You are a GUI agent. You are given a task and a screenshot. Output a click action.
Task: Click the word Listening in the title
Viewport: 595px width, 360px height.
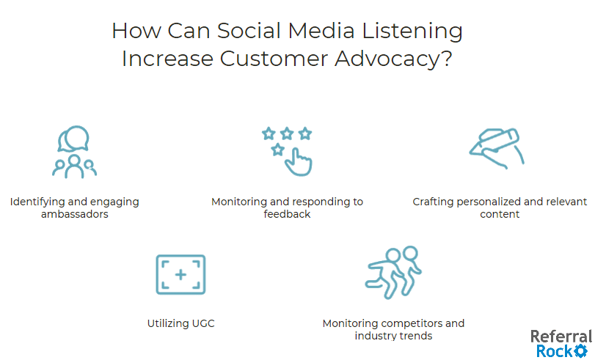point(412,32)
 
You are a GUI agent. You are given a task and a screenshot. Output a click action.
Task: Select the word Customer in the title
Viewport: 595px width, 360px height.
point(274,59)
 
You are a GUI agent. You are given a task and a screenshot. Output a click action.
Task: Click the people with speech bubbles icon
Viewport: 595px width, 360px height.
point(74,152)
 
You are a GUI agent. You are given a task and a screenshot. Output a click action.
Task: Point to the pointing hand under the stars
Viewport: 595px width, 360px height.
point(299,162)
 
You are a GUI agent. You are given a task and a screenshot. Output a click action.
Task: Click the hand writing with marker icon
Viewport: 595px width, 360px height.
point(497,148)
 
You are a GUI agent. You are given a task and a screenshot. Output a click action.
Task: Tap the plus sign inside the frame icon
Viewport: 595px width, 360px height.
point(180,274)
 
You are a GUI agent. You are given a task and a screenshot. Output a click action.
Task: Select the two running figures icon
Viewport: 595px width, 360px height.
point(393,272)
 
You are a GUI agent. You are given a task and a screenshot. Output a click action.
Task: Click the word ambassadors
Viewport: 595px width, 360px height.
point(74,214)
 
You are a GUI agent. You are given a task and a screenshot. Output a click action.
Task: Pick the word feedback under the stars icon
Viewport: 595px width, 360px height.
point(287,214)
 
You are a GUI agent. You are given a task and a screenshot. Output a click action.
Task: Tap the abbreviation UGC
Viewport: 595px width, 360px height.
point(203,323)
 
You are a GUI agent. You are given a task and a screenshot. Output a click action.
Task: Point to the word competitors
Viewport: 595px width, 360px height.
point(412,323)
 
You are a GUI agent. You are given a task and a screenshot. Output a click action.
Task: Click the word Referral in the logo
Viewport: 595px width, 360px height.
point(561,337)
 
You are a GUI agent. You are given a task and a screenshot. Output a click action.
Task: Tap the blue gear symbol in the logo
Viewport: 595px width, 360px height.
point(580,351)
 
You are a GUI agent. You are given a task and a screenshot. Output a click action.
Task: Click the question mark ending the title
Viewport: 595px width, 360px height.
point(447,59)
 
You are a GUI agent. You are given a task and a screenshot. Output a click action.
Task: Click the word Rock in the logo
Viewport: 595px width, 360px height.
point(555,351)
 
